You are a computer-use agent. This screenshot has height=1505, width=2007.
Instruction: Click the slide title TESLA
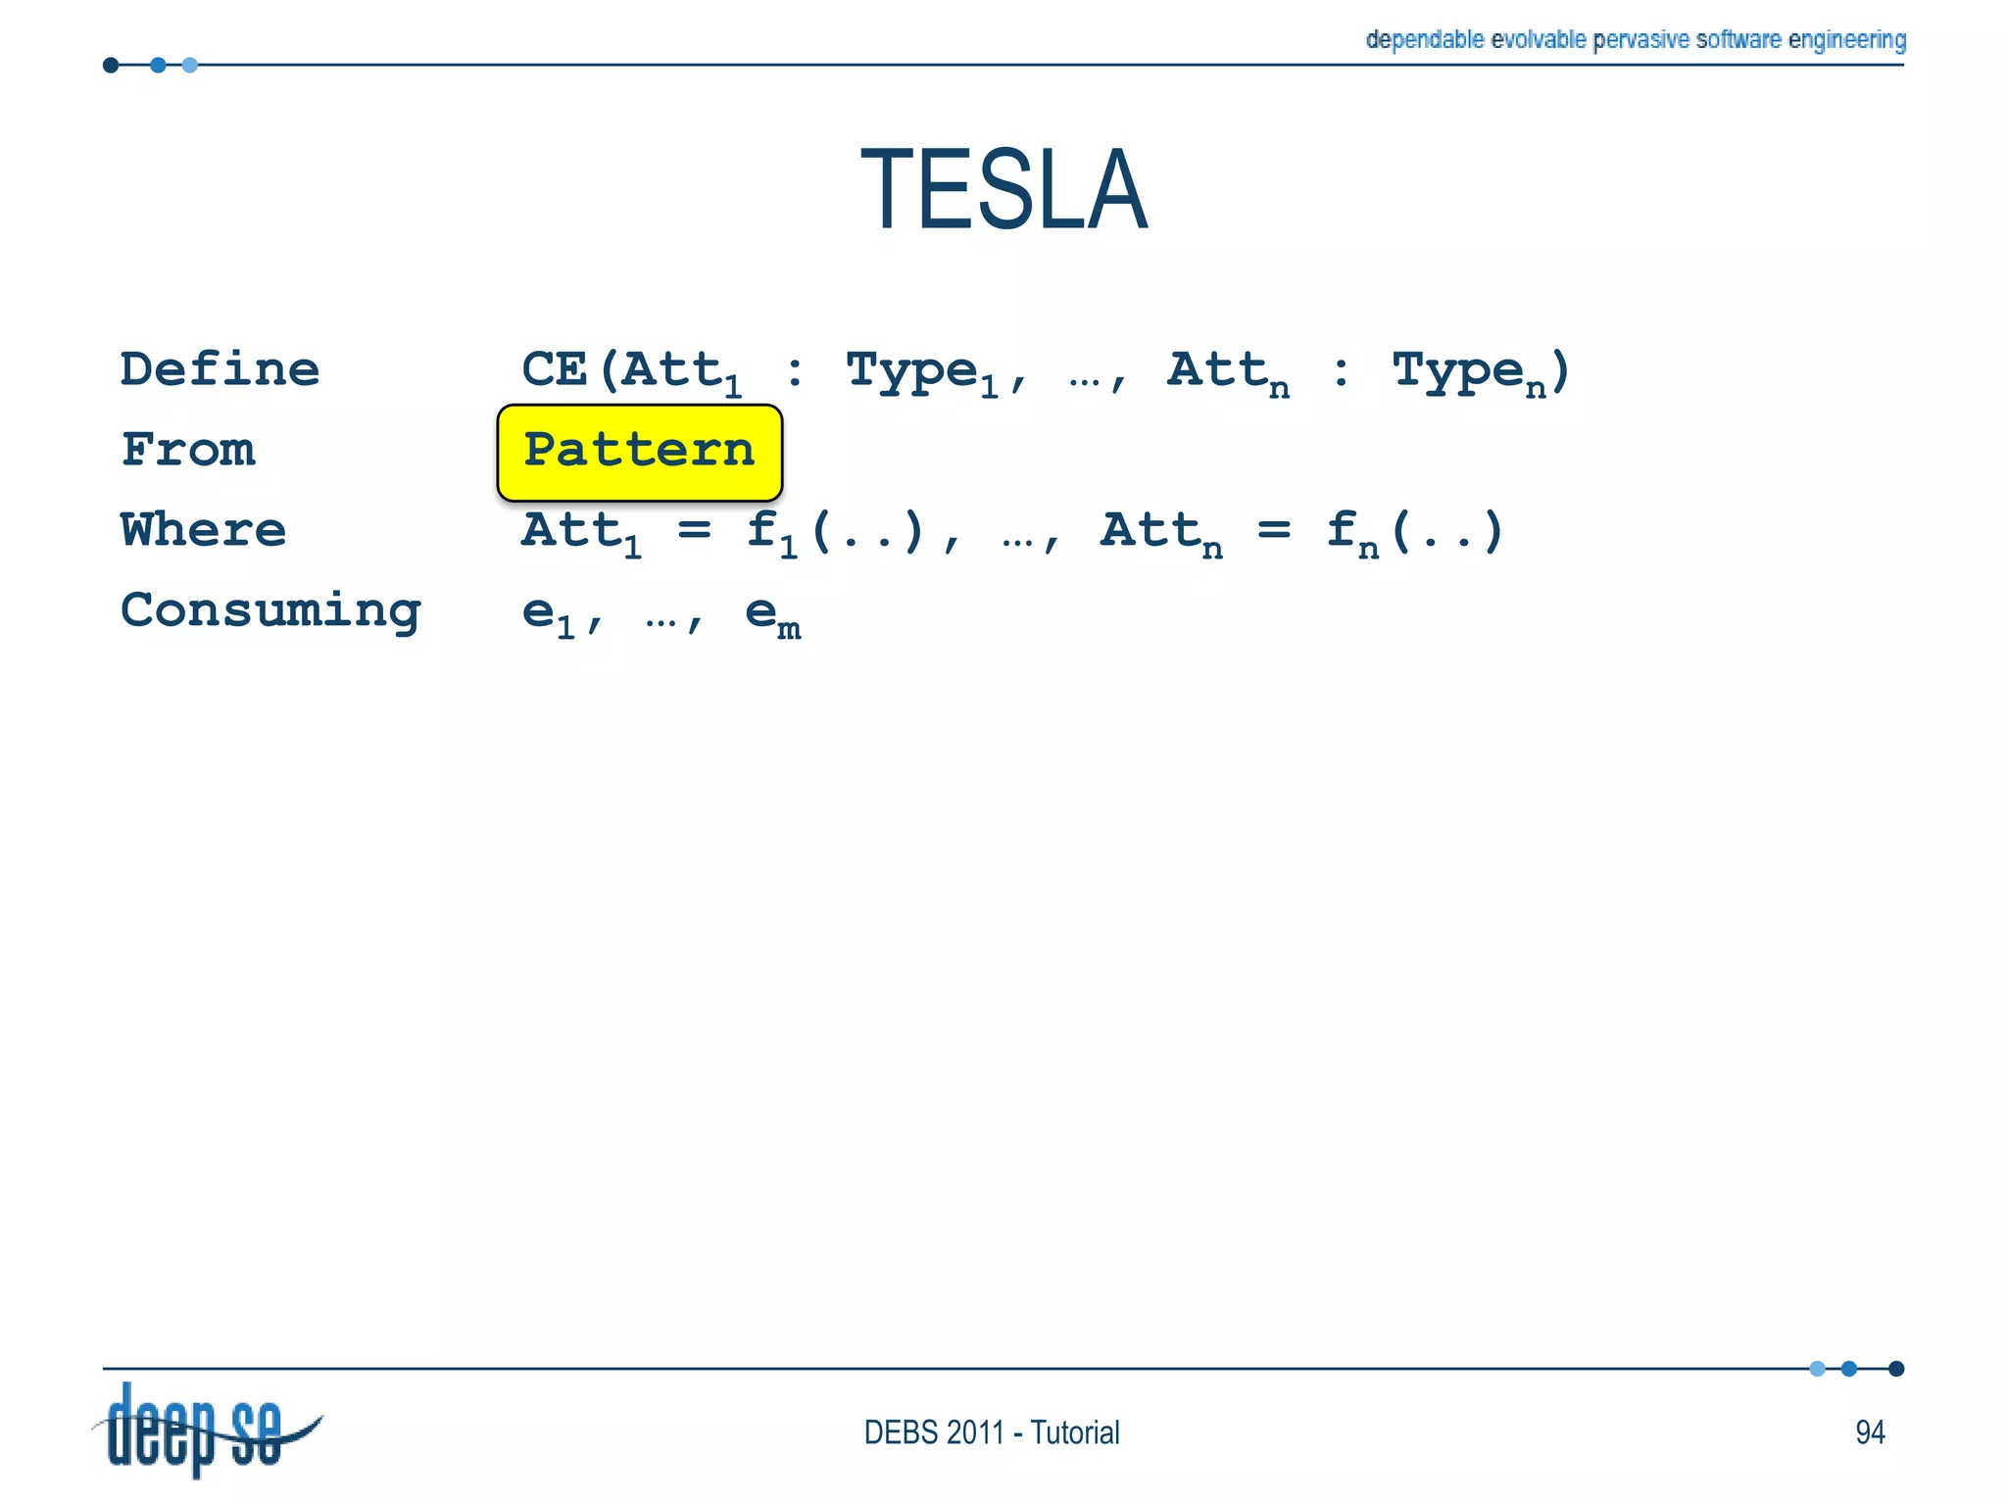[x=1003, y=189]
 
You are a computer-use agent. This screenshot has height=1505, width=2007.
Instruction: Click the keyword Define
[x=220, y=370]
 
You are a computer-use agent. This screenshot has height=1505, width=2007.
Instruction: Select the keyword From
[x=188, y=451]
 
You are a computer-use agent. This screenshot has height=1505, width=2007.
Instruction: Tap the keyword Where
[x=203, y=530]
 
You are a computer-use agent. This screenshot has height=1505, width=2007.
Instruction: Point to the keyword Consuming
[x=270, y=611]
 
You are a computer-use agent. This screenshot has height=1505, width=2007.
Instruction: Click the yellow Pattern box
[x=639, y=452]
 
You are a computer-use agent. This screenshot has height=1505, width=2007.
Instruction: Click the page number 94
[x=1869, y=1432]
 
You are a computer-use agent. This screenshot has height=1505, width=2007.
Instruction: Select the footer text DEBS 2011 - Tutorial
[x=991, y=1432]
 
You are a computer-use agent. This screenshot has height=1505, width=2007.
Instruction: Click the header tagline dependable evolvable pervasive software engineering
[x=1635, y=39]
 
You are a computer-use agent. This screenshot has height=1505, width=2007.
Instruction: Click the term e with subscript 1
[x=547, y=615]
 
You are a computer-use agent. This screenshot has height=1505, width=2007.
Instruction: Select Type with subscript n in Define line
[x=1468, y=373]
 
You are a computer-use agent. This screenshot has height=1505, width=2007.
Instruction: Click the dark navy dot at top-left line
[x=111, y=66]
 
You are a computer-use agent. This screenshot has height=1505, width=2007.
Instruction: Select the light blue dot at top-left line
[x=190, y=66]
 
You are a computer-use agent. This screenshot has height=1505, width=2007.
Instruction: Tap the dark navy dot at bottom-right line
[x=1896, y=1369]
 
